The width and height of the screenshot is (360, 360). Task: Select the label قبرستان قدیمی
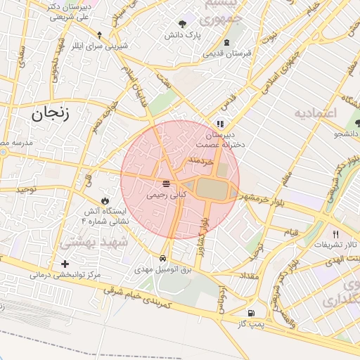(227, 53)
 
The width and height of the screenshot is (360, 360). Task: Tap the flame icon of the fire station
(106, 200)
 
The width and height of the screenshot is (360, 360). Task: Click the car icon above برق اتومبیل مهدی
(163, 258)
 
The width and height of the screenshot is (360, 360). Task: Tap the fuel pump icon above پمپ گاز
(250, 313)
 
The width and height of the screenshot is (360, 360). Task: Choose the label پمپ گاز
(250, 324)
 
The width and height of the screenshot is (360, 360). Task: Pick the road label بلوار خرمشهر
(262, 197)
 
